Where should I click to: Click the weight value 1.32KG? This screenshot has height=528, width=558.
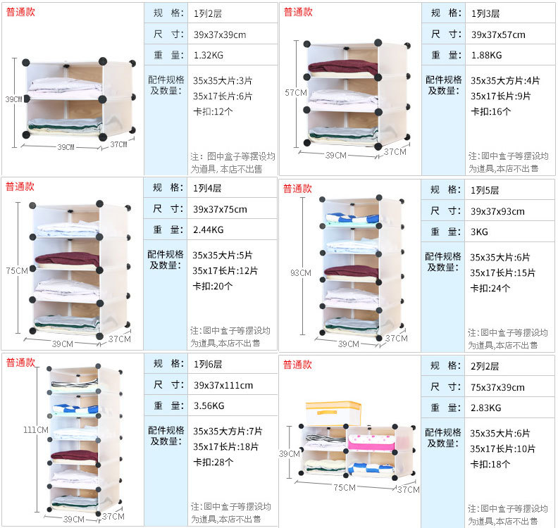[208, 55]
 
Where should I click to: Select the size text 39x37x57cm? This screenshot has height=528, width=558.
[497, 34]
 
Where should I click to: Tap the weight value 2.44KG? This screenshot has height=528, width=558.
[208, 230]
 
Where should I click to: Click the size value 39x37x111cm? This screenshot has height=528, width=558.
[223, 385]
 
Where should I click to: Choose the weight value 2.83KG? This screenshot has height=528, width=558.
[485, 408]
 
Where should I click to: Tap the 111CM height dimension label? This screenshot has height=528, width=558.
[35, 429]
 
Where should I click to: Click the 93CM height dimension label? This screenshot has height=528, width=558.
[300, 272]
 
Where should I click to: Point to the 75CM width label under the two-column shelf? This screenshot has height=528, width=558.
[344, 487]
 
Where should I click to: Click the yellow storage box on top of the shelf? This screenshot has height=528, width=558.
[333, 413]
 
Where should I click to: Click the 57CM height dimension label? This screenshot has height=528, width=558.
[295, 92]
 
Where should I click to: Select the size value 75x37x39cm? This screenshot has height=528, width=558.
[497, 387]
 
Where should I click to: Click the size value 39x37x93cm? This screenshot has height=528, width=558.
[497, 211]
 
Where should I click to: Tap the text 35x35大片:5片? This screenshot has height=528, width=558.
[221, 255]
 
